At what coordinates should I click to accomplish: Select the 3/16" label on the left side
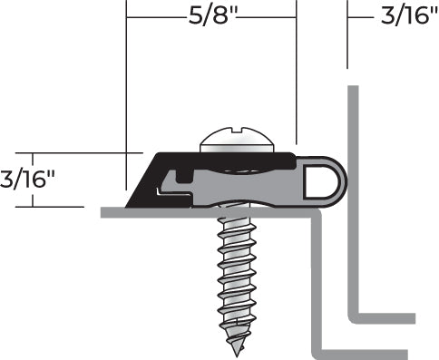pyautogui.click(x=28, y=178)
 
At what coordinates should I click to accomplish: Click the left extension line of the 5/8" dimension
pyautogui.click(x=126, y=91)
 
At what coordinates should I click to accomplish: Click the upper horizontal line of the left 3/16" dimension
pyautogui.click(x=73, y=153)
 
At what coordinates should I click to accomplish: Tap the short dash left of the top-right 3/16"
pyautogui.click(x=360, y=15)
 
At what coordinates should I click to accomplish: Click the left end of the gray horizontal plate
pyautogui.click(x=103, y=212)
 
